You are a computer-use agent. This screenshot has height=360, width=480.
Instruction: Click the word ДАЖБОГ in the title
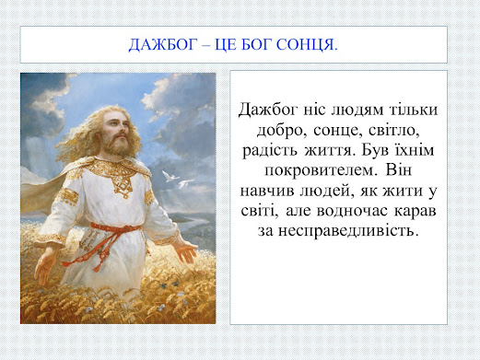pyautogui.click(x=162, y=45)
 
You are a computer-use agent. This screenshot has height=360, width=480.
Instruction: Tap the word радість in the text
pyautogui.click(x=270, y=151)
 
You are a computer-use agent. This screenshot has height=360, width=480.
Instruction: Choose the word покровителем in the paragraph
pyautogui.click(x=321, y=170)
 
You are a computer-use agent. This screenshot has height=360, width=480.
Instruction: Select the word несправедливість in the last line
pyautogui.click(x=348, y=230)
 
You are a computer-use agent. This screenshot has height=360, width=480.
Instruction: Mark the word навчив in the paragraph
pyautogui.click(x=267, y=191)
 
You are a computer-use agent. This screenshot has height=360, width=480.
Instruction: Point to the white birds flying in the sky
pyautogui.click(x=177, y=180)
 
